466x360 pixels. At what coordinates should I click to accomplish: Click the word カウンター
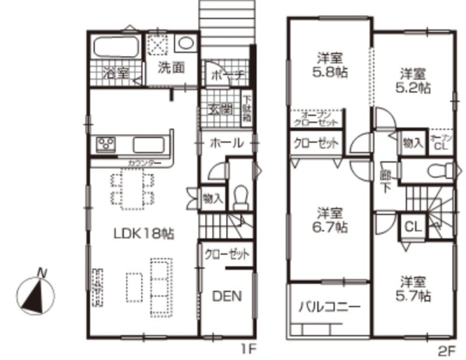145,163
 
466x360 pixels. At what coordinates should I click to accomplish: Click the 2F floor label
444,348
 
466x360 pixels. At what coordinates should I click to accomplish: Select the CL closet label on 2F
412,227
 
